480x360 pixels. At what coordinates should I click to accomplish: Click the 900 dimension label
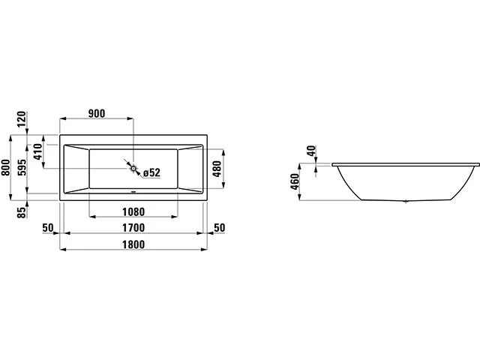97,113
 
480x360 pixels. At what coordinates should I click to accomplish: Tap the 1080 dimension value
133,211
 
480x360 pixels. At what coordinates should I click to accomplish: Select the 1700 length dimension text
133,228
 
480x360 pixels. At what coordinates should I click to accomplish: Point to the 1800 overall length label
133,244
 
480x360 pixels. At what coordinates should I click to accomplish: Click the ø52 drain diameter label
151,172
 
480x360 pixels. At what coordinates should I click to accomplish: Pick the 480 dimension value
217,169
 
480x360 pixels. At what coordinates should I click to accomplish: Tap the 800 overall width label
5,167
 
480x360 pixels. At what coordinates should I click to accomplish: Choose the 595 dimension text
22,167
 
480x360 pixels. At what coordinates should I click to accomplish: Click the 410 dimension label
37,151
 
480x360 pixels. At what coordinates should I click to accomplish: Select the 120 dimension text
22,119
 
